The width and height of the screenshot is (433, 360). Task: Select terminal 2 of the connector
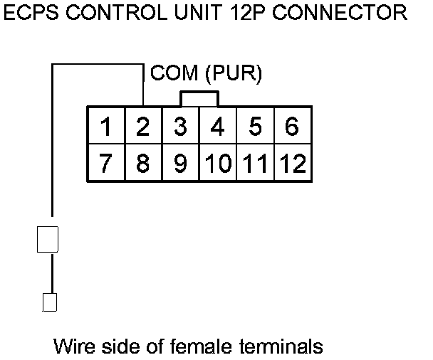click(x=142, y=127)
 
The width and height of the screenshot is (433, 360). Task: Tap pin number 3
click(x=180, y=127)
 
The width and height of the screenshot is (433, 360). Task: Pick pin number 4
click(x=217, y=127)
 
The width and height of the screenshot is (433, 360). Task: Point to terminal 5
click(x=254, y=127)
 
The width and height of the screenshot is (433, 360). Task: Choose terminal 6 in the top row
click(x=291, y=127)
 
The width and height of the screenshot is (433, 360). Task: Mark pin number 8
click(x=142, y=164)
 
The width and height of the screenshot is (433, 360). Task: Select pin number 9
click(x=180, y=164)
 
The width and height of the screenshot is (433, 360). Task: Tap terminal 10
click(x=217, y=164)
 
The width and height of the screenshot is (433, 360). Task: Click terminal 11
click(x=254, y=164)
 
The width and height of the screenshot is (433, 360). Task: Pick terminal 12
click(x=291, y=164)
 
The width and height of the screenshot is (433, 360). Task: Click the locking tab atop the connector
click(x=199, y=98)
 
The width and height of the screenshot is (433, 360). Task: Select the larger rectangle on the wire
click(x=48, y=239)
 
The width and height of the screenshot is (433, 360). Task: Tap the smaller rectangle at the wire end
click(x=49, y=302)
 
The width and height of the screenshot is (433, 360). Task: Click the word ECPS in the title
click(x=31, y=12)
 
